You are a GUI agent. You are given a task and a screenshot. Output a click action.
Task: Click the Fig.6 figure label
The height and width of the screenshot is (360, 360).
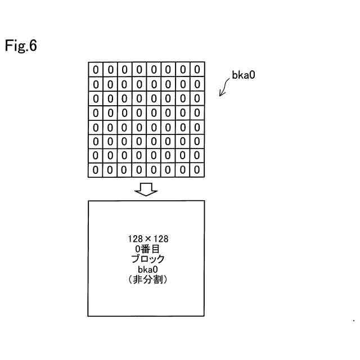point(21,46)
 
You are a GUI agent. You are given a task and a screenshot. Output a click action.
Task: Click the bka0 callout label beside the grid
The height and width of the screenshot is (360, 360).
point(244,74)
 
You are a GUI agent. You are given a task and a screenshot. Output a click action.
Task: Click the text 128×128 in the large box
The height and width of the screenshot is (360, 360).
point(148,239)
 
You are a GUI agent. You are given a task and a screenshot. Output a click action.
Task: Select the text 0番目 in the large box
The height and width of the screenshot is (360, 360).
point(148,249)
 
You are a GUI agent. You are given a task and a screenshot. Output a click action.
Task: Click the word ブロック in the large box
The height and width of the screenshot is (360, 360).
point(148,259)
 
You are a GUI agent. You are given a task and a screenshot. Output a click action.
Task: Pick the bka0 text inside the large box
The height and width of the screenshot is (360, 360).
point(148,269)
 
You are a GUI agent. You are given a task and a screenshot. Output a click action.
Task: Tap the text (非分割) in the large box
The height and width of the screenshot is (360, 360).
point(148,280)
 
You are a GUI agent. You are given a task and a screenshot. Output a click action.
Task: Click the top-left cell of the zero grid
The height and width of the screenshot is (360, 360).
point(96,70)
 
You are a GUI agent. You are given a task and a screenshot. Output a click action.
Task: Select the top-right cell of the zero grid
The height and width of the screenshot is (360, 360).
point(197,70)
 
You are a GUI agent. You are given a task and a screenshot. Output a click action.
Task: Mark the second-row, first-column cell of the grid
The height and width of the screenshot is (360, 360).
point(96,84)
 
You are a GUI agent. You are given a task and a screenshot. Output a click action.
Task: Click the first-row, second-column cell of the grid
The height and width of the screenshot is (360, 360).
point(110,70)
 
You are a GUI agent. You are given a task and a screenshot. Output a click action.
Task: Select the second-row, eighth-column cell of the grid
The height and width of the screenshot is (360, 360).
point(197,84)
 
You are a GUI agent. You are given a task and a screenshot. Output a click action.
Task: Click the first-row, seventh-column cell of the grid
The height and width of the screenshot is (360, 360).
point(182,70)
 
